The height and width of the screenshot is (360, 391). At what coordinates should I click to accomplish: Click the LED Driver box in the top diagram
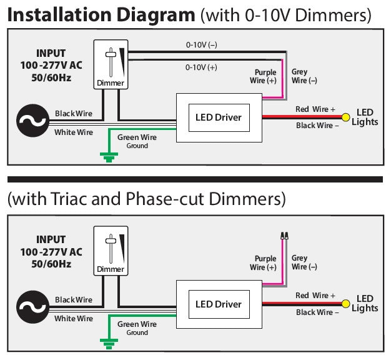219,117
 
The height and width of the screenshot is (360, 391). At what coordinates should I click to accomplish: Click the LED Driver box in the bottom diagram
219,304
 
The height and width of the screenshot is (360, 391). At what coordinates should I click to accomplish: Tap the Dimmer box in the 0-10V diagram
110,65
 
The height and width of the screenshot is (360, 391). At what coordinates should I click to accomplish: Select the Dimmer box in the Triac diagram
110,251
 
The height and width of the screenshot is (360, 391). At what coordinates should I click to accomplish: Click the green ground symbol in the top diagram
109,157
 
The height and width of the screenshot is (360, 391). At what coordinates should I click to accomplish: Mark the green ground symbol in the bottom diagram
109,342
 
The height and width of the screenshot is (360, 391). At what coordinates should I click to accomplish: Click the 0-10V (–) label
201,45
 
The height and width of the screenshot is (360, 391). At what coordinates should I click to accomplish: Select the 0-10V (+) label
201,67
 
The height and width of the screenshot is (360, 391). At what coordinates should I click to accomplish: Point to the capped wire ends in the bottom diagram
284,236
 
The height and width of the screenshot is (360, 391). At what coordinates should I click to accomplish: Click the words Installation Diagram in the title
101,15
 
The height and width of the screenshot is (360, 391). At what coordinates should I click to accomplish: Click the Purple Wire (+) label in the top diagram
264,76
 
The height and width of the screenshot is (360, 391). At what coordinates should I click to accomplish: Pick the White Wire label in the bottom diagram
74,319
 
